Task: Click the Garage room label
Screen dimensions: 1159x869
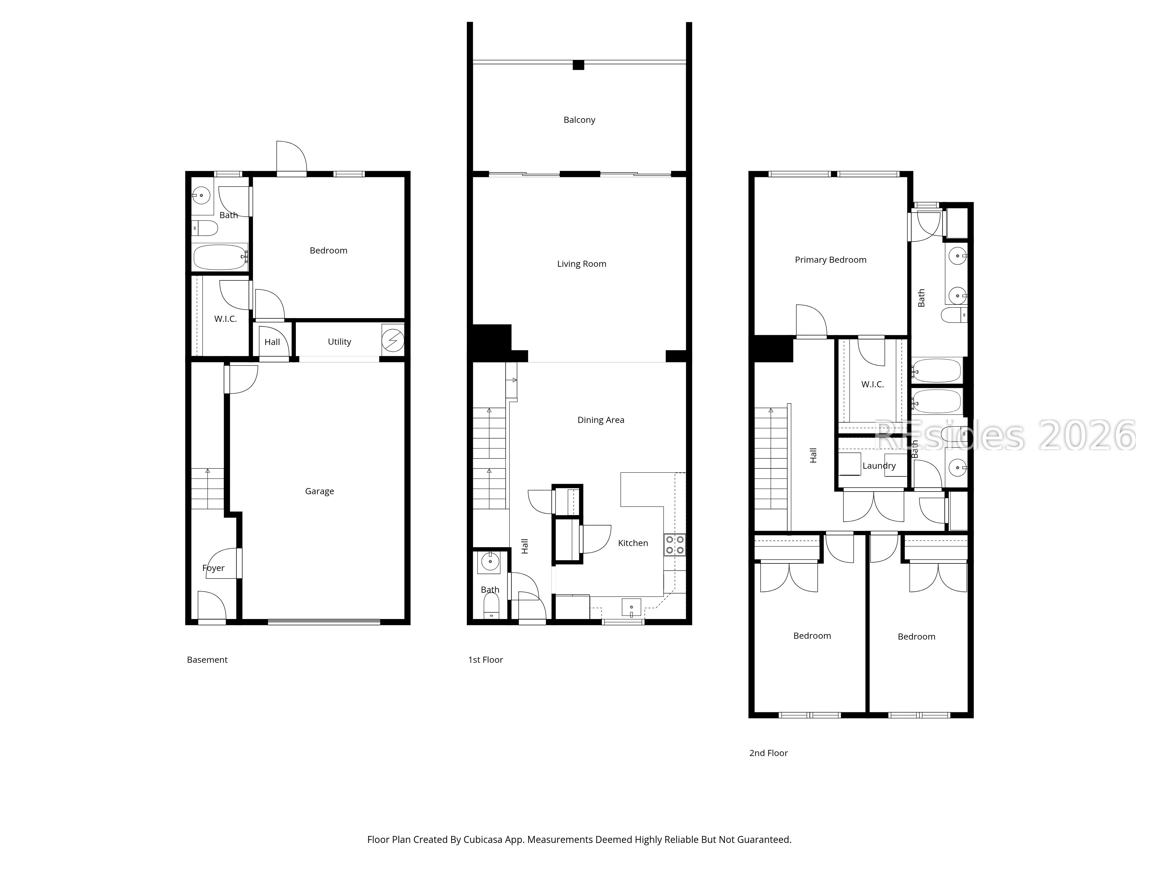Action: pyautogui.click(x=319, y=491)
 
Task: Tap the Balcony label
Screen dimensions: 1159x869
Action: pyautogui.click(x=579, y=120)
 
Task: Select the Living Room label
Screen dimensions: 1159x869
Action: pyautogui.click(x=582, y=264)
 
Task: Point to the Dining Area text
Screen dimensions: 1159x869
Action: pyautogui.click(x=600, y=420)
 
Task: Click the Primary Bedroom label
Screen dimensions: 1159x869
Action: pyautogui.click(x=830, y=260)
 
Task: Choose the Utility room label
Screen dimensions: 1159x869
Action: pyautogui.click(x=339, y=342)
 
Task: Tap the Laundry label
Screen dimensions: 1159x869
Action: pyautogui.click(x=879, y=466)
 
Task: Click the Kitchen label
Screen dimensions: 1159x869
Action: pyautogui.click(x=633, y=543)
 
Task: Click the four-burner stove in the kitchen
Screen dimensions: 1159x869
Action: pyautogui.click(x=675, y=544)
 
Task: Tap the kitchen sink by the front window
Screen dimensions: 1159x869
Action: pyautogui.click(x=631, y=608)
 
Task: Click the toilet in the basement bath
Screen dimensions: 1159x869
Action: pyautogui.click(x=205, y=228)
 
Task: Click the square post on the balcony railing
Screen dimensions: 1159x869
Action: pyautogui.click(x=578, y=65)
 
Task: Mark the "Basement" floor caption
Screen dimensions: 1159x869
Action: pyautogui.click(x=207, y=660)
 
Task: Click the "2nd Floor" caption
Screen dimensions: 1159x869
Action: pyautogui.click(x=768, y=753)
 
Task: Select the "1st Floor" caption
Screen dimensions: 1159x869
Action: pyautogui.click(x=485, y=660)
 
